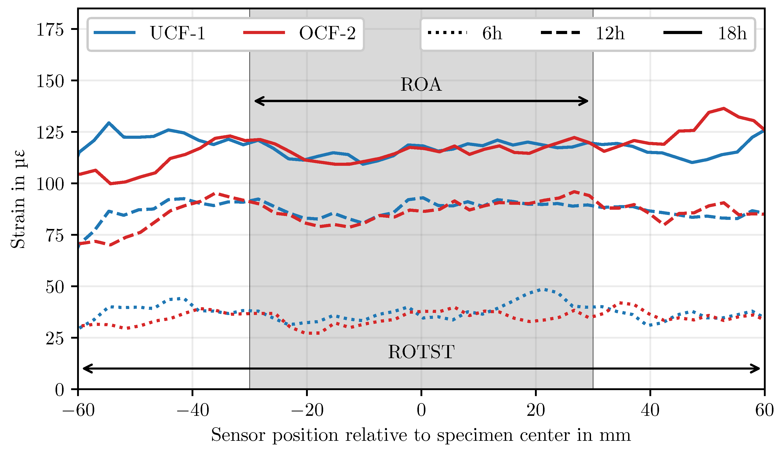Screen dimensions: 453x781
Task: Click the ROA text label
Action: [421, 85]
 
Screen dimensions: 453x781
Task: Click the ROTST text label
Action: [421, 352]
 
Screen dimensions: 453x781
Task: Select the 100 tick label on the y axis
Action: [50, 184]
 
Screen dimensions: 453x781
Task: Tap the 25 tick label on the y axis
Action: [55, 338]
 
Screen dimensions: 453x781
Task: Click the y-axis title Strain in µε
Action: [18, 199]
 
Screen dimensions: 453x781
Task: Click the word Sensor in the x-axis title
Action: [238, 435]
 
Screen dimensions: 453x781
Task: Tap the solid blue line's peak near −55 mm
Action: [108, 123]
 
